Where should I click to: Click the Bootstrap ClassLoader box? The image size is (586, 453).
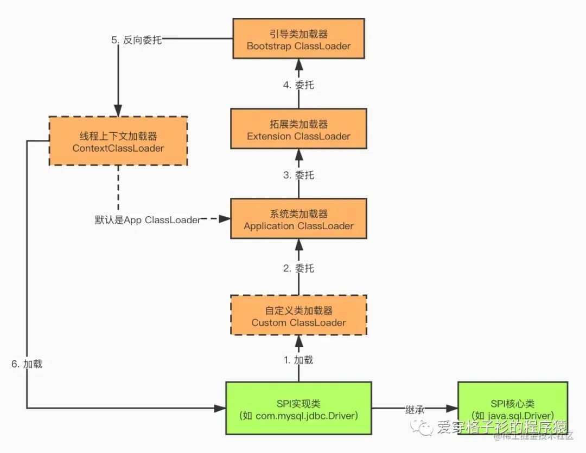point(298,38)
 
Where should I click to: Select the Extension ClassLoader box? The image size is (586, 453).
point(298,129)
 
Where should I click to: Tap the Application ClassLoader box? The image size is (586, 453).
point(298,218)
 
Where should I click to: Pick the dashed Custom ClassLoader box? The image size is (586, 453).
point(298,315)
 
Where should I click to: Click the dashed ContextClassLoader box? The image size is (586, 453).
point(118,141)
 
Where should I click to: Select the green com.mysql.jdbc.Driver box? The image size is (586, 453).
point(298,408)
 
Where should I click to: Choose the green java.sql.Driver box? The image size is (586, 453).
point(513,408)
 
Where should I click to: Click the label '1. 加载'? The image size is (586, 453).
point(298,360)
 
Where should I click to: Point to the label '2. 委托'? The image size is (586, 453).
point(298,268)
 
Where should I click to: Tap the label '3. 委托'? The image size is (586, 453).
point(298,175)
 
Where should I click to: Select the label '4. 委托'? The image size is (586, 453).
point(298,85)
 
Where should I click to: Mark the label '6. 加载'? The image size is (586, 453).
point(27,364)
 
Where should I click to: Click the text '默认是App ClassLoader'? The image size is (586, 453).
point(147,220)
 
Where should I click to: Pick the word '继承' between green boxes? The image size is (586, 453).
point(415,409)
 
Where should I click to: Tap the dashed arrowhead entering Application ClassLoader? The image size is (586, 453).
point(225,219)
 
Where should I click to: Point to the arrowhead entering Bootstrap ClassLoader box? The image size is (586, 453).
point(298,64)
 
